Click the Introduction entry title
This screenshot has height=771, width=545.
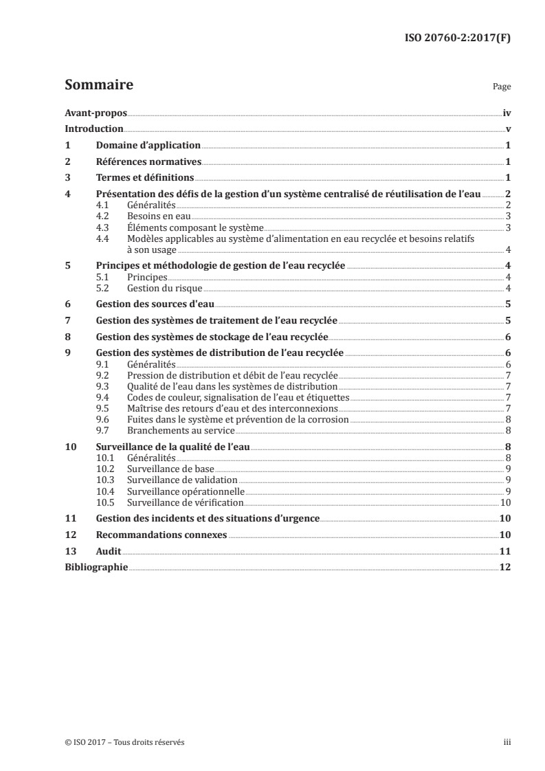(93, 129)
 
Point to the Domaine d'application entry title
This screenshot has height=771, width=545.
(148, 146)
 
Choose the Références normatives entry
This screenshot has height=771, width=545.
(149, 162)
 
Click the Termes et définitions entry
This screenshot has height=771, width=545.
(144, 178)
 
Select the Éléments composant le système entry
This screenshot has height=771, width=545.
(195, 227)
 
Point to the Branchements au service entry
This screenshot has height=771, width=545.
(181, 430)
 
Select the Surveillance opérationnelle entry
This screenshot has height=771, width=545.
(186, 491)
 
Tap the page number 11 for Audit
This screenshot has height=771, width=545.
(504, 551)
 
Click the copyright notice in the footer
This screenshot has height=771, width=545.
(120, 742)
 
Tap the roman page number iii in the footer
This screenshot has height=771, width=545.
(507, 742)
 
